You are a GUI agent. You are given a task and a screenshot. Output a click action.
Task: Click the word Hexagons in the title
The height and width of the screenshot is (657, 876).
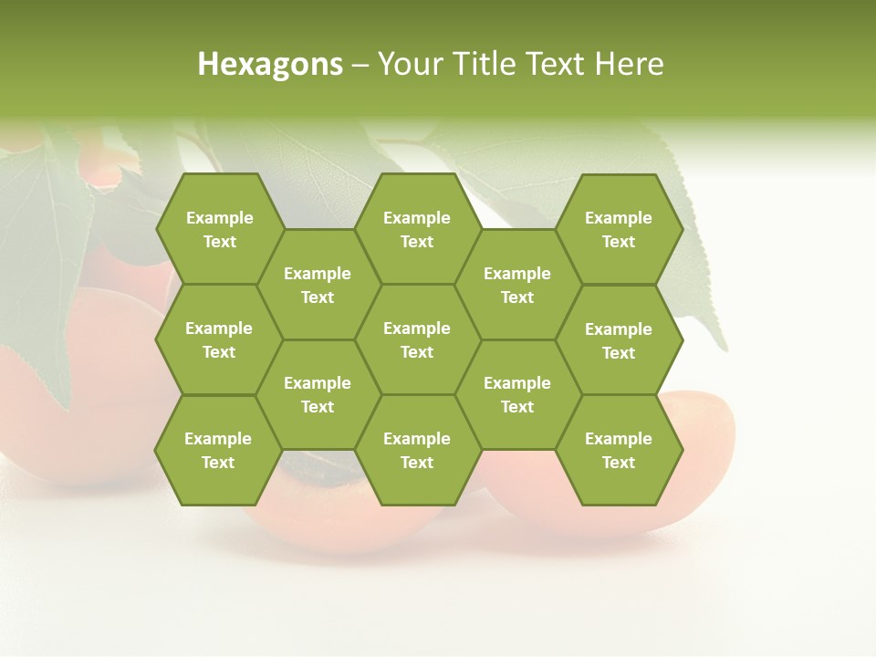point(270,64)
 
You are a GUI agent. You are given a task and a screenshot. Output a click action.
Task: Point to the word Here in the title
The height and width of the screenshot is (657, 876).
point(630,64)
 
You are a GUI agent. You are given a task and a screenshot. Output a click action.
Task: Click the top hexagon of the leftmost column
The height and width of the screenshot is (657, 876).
point(219,229)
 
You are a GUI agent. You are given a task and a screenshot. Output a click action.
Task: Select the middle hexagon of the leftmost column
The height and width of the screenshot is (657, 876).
point(219,339)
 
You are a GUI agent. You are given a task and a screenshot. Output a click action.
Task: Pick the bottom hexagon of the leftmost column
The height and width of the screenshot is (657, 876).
point(218,450)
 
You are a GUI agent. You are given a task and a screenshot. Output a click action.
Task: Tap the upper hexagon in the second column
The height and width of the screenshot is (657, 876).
point(318,285)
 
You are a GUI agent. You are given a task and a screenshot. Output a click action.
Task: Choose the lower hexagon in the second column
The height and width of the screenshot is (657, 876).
point(318,394)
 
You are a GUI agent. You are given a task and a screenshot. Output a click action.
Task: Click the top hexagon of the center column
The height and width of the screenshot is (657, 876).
point(417,229)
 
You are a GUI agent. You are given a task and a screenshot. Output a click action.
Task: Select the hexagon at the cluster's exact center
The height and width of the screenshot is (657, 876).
point(417,339)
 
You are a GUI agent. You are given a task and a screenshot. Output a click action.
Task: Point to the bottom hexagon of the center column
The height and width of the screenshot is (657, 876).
point(417,450)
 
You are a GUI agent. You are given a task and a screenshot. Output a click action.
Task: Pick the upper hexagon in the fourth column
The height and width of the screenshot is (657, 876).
point(517,285)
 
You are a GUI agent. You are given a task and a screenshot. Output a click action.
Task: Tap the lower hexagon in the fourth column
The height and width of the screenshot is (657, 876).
point(517,394)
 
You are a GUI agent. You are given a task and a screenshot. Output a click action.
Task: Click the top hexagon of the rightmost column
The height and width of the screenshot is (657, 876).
point(619,229)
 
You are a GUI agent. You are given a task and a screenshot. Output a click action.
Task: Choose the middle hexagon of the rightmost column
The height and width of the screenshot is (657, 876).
point(619,340)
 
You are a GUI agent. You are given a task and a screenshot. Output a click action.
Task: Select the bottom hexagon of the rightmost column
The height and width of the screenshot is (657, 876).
point(619,450)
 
